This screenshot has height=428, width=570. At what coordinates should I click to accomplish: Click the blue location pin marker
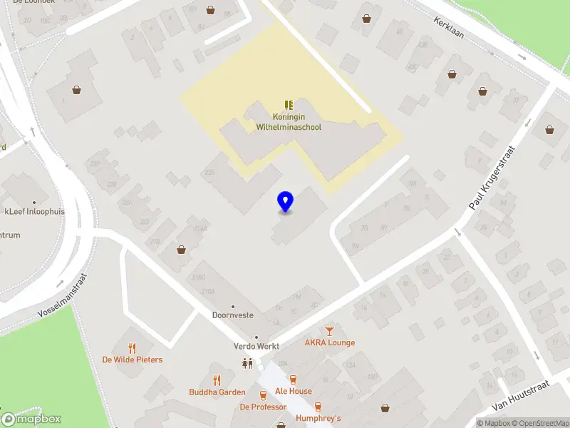pyautogui.click(x=285, y=202)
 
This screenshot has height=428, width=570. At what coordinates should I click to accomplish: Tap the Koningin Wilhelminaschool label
pyautogui.click(x=289, y=122)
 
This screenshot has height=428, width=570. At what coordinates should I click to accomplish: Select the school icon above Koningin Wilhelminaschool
pyautogui.click(x=289, y=105)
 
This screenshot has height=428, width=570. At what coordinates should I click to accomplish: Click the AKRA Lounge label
pyautogui.click(x=329, y=342)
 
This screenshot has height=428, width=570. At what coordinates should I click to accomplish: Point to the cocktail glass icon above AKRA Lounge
pyautogui.click(x=329, y=330)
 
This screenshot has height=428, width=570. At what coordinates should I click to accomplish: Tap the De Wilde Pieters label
pyautogui.click(x=133, y=360)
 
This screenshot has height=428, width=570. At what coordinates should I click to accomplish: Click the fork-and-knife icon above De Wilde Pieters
pyautogui.click(x=132, y=348)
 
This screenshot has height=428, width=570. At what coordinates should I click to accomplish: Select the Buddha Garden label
pyautogui.click(x=217, y=392)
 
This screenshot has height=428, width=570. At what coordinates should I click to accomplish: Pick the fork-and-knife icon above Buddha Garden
pyautogui.click(x=217, y=380)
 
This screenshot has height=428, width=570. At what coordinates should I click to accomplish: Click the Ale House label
pyautogui.click(x=294, y=391)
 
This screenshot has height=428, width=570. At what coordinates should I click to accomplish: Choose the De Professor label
pyautogui.click(x=263, y=407)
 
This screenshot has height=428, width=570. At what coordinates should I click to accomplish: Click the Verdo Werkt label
pyautogui.click(x=256, y=347)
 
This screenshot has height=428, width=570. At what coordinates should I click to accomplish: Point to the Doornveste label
pyautogui.click(x=233, y=315)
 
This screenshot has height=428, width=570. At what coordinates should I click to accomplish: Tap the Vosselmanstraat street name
pyautogui.click(x=62, y=296)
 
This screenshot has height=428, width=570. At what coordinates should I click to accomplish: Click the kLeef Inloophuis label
pyautogui.click(x=33, y=211)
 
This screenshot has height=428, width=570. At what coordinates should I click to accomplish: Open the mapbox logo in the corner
pyautogui.click(x=31, y=419)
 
